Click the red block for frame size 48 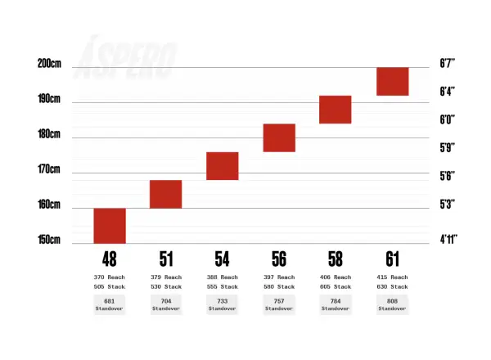click(110, 226)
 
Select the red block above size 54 click(223, 166)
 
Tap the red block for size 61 click(393, 81)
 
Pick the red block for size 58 click(336, 110)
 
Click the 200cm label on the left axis click(49, 64)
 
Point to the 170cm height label click(49, 169)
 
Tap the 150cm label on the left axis click(49, 240)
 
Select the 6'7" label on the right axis click(447, 63)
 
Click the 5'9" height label click(447, 148)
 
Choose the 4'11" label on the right click(448, 240)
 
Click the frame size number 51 click(166, 259)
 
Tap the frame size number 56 click(279, 259)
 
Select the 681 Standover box click(110, 304)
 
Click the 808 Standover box click(392, 304)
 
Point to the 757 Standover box click(279, 304)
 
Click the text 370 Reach click(110, 277)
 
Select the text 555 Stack click(223, 286)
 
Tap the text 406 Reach click(336, 277)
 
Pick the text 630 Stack click(392, 286)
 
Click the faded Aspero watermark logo click(125, 58)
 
